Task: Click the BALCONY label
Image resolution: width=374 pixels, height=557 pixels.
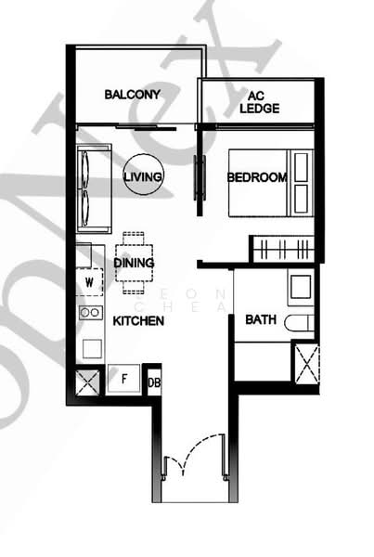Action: [132, 95]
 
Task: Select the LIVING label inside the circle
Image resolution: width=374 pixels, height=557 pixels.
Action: [144, 176]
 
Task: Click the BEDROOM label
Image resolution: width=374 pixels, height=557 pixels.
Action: [255, 178]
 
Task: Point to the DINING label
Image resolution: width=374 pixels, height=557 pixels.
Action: [135, 263]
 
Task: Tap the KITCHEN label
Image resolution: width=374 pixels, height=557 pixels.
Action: [138, 321]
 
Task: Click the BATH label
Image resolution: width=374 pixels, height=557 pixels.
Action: [260, 320]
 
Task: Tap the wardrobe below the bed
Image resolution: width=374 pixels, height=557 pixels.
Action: [283, 248]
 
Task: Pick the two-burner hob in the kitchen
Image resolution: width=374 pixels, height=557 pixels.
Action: [90, 313]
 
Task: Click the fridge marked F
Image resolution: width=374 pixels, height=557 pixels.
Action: [123, 379]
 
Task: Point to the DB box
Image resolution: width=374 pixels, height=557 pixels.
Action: [153, 380]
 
